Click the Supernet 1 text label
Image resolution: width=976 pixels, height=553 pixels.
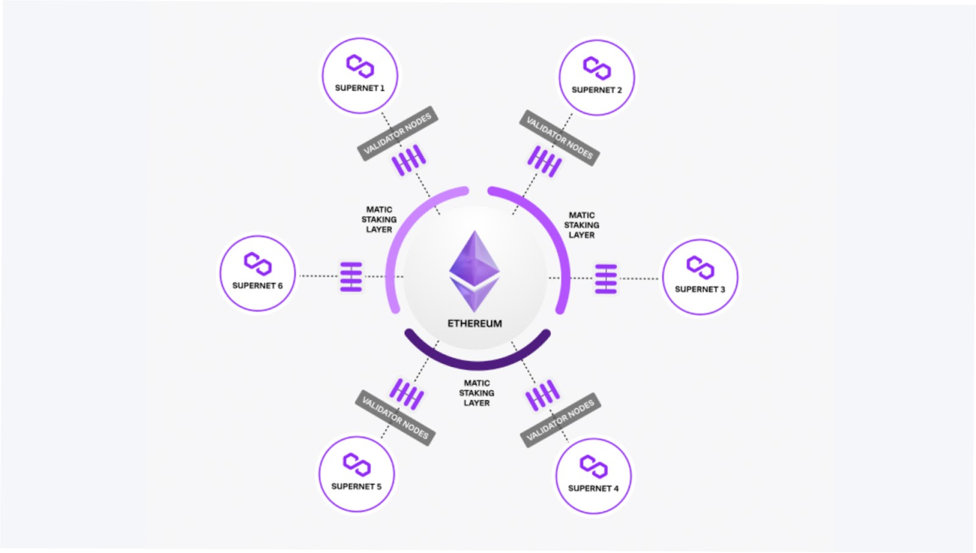point(359,88)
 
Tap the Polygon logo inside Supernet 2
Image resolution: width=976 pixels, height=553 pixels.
point(597,68)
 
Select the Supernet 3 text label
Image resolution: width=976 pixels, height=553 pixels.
point(700,289)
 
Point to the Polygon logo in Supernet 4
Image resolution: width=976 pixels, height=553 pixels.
point(593,466)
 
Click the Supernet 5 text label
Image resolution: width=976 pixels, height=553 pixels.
point(356,486)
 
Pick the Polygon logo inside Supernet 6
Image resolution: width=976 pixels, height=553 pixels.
point(257,264)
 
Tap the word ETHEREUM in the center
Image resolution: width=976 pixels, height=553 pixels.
point(475,323)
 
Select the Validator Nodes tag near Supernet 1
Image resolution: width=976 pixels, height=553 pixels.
point(397,133)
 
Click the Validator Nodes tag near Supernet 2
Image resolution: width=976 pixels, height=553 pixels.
point(559,138)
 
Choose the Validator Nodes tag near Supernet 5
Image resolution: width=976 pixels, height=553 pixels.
point(395,417)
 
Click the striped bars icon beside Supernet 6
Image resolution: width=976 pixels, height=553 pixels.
point(351,276)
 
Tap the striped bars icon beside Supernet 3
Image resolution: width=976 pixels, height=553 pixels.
point(606,278)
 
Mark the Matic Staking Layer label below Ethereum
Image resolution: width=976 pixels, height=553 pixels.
point(476,393)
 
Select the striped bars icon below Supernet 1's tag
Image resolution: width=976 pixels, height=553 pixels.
point(409,161)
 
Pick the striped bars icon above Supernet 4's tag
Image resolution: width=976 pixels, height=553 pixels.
point(542,395)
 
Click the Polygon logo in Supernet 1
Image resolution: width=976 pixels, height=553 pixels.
point(360,66)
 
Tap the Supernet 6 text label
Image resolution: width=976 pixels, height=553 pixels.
point(257,286)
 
